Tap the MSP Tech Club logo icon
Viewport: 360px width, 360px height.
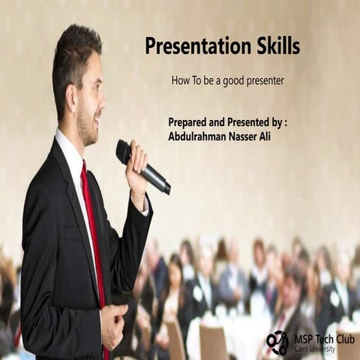[277, 343]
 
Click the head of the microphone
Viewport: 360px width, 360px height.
[124, 151]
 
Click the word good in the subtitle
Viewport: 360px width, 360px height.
[227, 80]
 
